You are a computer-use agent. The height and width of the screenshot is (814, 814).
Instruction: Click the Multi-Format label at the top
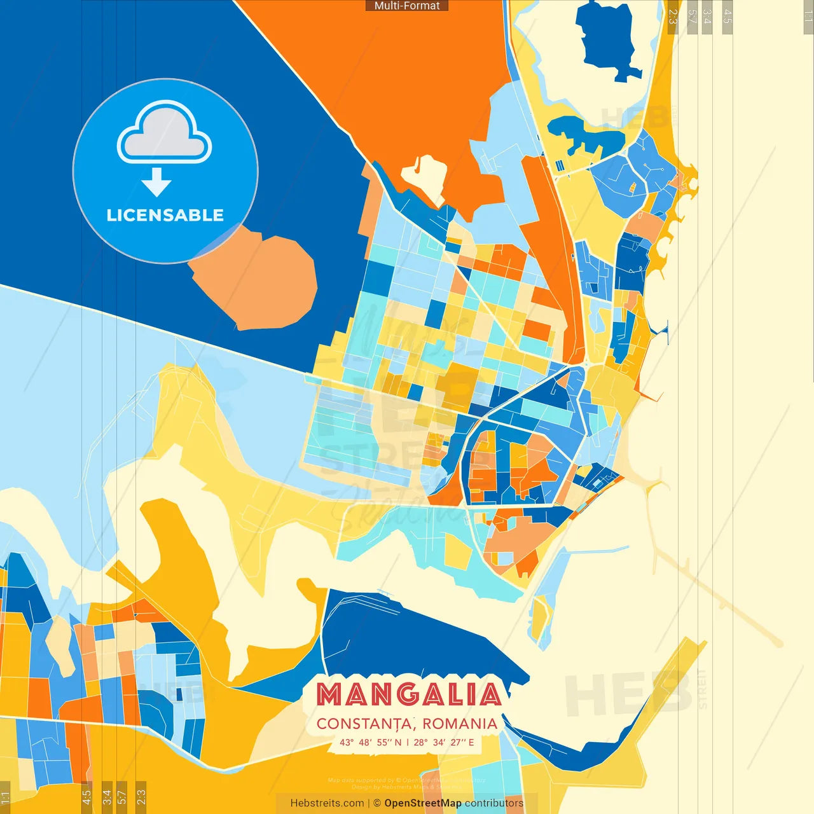pyautogui.click(x=407, y=6)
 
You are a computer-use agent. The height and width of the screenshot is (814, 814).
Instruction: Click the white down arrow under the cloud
pyautogui.click(x=156, y=183)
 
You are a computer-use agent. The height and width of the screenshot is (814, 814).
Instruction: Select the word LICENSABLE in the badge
pyautogui.click(x=165, y=215)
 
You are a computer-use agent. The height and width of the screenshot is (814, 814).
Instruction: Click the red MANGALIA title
pyautogui.click(x=409, y=694)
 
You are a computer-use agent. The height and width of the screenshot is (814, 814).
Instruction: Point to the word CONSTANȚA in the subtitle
pyautogui.click(x=366, y=724)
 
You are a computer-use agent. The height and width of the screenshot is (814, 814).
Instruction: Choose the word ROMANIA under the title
pyautogui.click(x=460, y=724)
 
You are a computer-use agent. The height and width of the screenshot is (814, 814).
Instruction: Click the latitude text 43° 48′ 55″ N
pyautogui.click(x=371, y=742)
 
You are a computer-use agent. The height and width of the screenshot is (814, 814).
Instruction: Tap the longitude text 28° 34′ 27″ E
pyautogui.click(x=444, y=742)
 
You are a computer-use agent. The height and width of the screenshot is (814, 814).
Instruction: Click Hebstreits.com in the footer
pyautogui.click(x=327, y=803)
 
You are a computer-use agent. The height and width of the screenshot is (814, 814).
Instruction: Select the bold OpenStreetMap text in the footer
pyautogui.click(x=423, y=803)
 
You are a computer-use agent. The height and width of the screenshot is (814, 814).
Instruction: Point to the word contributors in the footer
pyautogui.click(x=494, y=803)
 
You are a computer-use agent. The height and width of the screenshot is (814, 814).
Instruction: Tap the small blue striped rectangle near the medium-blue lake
pyautogui.click(x=560, y=166)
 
